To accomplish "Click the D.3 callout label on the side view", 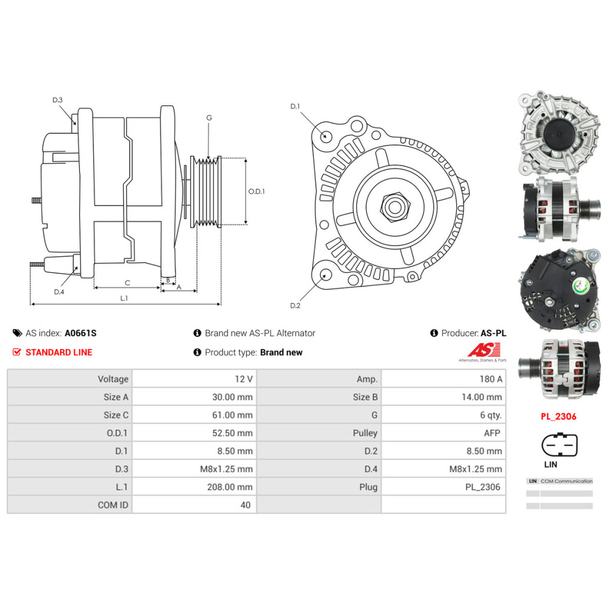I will coord(58,100).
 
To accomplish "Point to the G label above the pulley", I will coord(209,118).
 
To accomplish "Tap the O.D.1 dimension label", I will coord(257,191).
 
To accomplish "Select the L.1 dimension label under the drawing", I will coord(124,298).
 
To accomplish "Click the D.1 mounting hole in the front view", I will coord(326,135).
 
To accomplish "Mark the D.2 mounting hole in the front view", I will coord(326,276).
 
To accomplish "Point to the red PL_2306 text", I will coord(558,416).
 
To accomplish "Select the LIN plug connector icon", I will coord(559,445).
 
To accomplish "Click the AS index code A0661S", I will coord(81,333).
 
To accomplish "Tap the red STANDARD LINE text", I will coord(59,352).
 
